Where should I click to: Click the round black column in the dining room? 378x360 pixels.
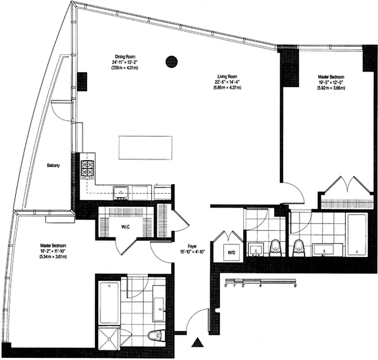171,61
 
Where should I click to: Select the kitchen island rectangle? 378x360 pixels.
146,147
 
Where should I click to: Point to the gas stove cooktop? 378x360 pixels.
86,170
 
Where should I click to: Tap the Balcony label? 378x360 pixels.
53,166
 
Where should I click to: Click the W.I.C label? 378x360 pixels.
125,226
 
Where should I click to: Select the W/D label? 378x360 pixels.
231,252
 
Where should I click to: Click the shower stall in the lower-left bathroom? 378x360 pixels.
108,337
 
